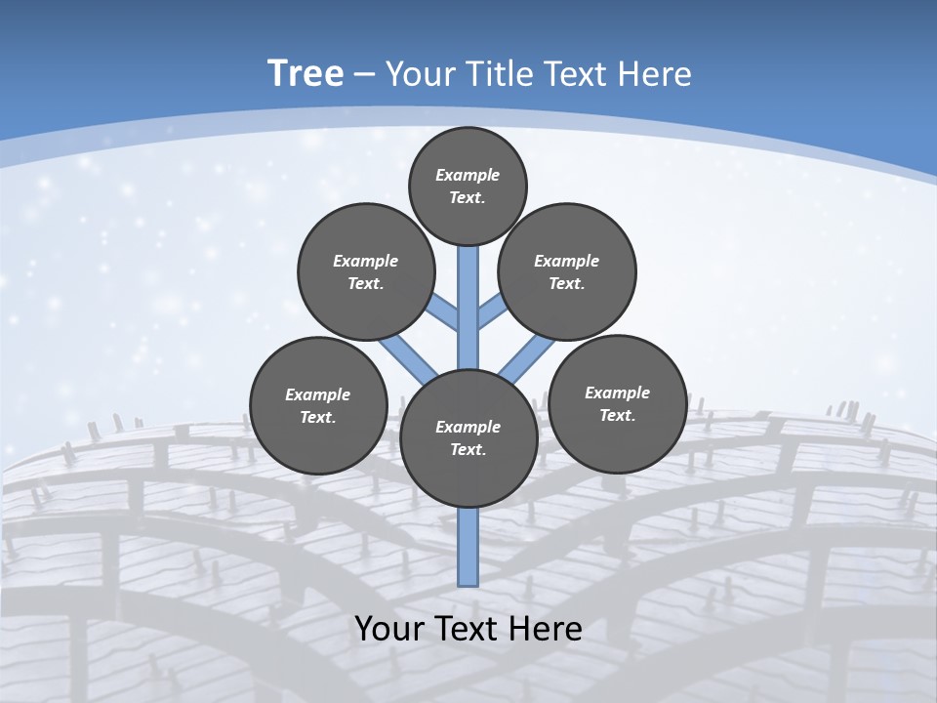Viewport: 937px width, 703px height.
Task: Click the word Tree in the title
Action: click(306, 73)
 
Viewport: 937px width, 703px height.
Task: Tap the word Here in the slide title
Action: click(653, 74)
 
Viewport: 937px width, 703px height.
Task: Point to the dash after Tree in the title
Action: click(363, 75)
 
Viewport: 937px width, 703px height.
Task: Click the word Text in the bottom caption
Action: click(469, 629)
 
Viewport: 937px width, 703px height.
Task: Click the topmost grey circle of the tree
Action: click(468, 186)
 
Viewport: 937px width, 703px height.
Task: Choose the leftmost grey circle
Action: click(318, 405)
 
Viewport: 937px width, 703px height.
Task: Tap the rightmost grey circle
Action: click(617, 403)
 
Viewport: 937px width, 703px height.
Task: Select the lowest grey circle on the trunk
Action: click(468, 437)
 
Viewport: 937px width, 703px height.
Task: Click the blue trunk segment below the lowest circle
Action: click(468, 547)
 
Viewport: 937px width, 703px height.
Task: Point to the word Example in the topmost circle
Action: click(468, 175)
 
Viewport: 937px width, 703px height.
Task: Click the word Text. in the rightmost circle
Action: click(617, 415)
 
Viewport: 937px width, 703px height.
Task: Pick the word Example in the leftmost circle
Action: click(317, 394)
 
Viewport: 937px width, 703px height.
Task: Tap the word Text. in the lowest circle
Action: click(468, 449)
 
